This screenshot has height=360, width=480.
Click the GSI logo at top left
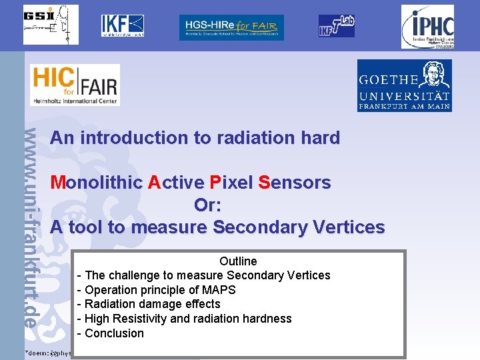tap(51, 25)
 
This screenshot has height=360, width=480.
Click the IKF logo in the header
tap(122, 25)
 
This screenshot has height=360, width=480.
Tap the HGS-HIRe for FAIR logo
tap(231, 27)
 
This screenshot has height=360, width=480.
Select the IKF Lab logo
tap(336, 26)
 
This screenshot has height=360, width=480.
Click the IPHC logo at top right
tap(427, 27)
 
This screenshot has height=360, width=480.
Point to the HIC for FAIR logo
tap(75, 85)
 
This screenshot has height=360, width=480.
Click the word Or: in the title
tap(207, 205)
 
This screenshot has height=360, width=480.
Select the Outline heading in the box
tap(238, 261)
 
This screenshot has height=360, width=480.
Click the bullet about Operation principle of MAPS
tap(157, 290)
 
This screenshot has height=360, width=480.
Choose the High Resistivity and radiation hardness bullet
tap(185, 319)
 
